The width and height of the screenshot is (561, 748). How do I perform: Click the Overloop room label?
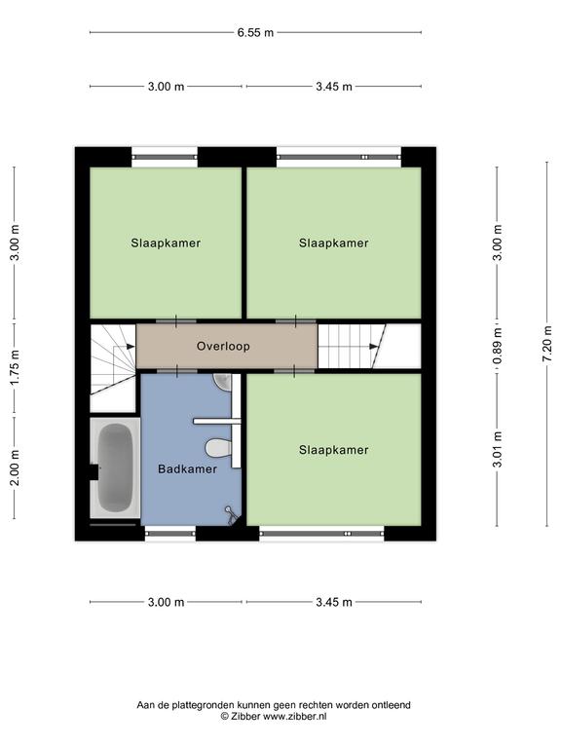pyautogui.click(x=223, y=346)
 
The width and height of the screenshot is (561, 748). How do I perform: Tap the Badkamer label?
pyautogui.click(x=187, y=468)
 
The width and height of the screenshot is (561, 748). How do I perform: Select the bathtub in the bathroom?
pyautogui.click(x=115, y=467)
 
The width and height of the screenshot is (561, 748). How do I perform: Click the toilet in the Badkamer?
pyautogui.click(x=218, y=447)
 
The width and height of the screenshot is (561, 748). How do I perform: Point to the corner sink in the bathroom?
pyautogui.click(x=224, y=381)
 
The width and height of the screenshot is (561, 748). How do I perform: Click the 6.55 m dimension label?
pyautogui.click(x=256, y=32)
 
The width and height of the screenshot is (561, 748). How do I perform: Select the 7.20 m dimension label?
pyautogui.click(x=547, y=344)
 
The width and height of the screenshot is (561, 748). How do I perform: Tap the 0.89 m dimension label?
pyautogui.click(x=498, y=346)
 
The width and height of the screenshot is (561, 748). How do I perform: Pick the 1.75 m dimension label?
pyautogui.click(x=15, y=368)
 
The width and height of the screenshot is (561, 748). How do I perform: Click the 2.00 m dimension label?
pyautogui.click(x=15, y=467)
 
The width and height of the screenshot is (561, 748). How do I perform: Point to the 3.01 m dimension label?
pyautogui.click(x=498, y=449)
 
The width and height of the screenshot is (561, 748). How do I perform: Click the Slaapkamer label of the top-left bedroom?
pyautogui.click(x=166, y=243)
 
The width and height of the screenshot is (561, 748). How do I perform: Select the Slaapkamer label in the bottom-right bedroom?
pyautogui.click(x=333, y=450)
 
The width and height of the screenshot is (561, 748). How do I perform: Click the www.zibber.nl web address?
pyautogui.click(x=295, y=716)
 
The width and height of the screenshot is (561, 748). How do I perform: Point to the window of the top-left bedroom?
pyautogui.click(x=165, y=157)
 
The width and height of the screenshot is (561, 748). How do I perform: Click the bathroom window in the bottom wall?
pyautogui.click(x=170, y=534)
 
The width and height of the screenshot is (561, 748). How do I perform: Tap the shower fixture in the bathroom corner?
pyautogui.click(x=232, y=515)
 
